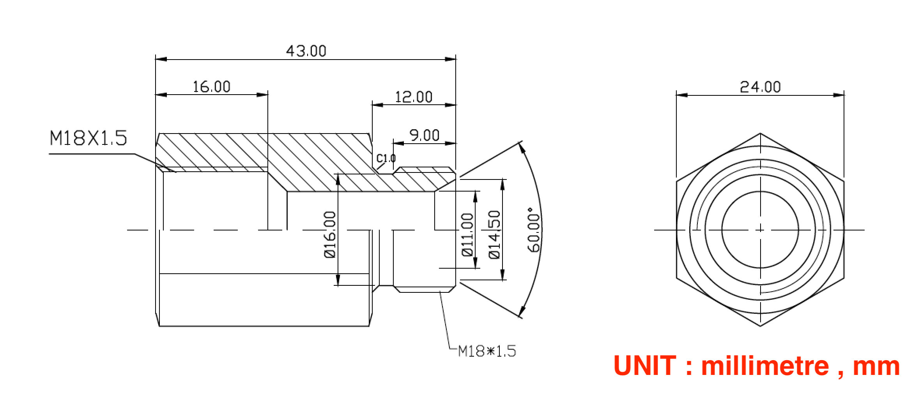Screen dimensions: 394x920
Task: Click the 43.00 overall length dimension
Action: [306, 51]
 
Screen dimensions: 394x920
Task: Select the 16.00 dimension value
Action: [212, 86]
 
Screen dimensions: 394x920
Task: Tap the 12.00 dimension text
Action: [414, 97]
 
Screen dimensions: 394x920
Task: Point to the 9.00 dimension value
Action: [424, 135]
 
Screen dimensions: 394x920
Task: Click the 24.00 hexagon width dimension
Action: [760, 87]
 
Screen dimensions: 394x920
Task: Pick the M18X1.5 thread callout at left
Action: [88, 138]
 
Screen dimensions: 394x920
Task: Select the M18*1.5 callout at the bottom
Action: [487, 351]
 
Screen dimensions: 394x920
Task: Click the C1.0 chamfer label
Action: [386, 158]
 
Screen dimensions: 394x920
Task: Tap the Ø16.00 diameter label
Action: [330, 234]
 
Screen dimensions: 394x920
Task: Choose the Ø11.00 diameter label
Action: [467, 235]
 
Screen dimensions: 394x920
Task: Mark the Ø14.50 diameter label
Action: [494, 234]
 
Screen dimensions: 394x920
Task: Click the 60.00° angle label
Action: [534, 230]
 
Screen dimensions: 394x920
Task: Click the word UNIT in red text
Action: [645, 366]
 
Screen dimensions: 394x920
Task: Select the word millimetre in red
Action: [765, 366]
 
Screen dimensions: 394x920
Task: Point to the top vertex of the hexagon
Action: [760, 134]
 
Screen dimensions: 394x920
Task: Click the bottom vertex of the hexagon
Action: [760, 326]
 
